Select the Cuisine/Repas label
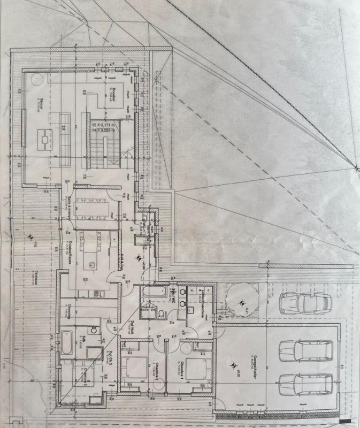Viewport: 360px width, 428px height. point(71,248)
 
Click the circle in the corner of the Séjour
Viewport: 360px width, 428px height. point(35,79)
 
